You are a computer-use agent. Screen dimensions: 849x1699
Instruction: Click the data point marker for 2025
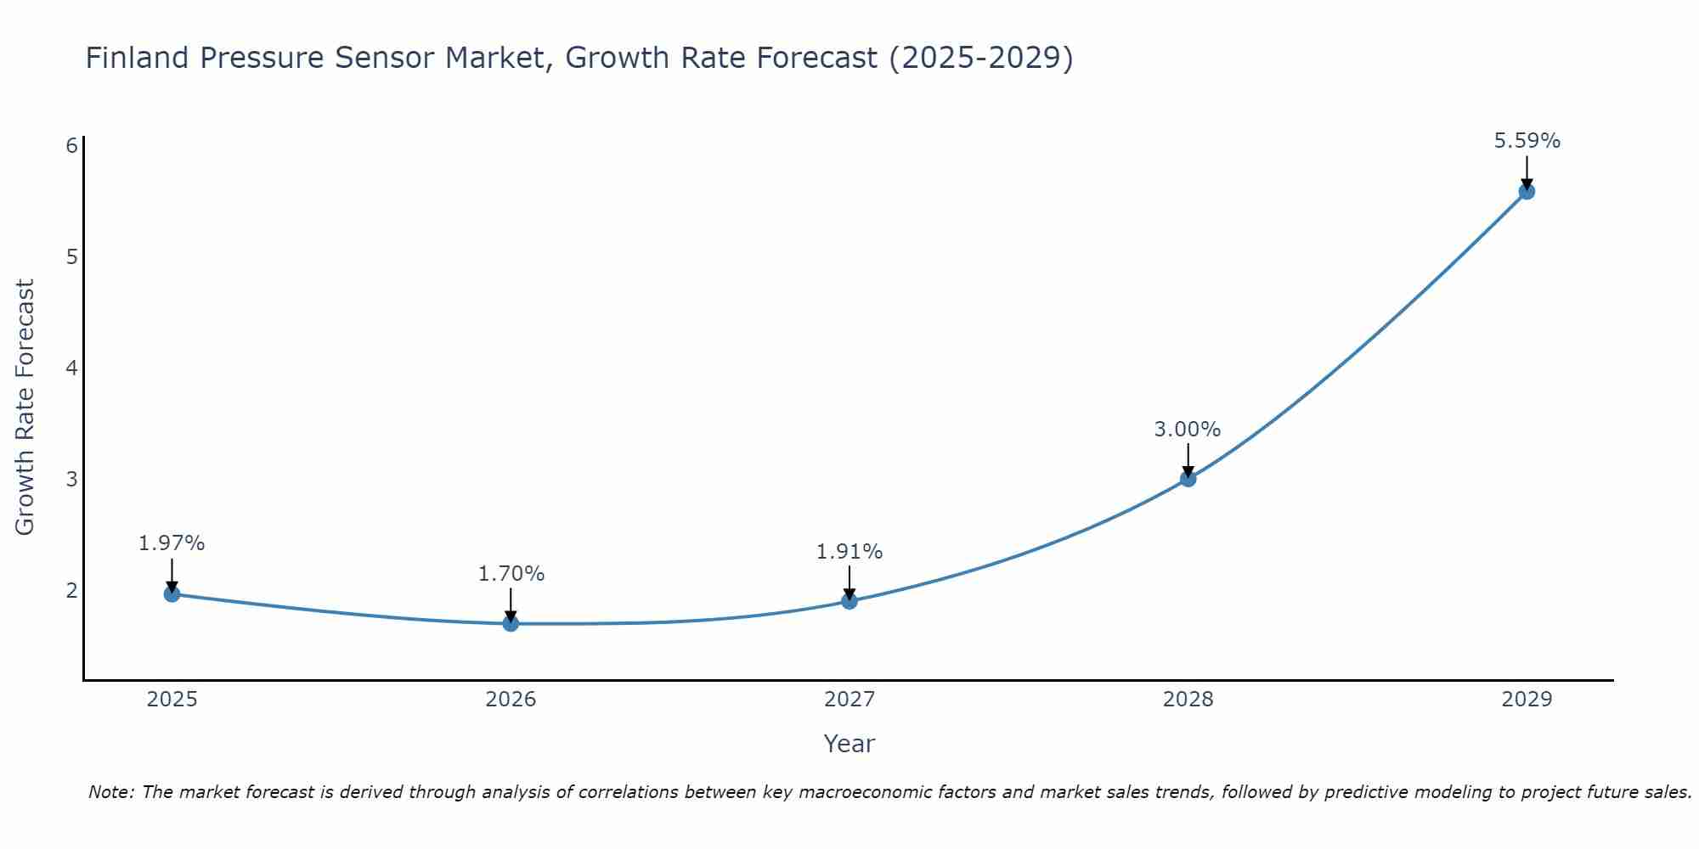pyautogui.click(x=172, y=593)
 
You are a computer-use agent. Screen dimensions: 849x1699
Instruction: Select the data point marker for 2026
pyautogui.click(x=511, y=623)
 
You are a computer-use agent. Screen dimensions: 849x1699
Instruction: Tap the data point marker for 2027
pyautogui.click(x=849, y=601)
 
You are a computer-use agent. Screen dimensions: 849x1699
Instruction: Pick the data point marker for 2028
pyautogui.click(x=1188, y=479)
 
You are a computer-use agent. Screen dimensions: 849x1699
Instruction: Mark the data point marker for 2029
pyautogui.click(x=1527, y=191)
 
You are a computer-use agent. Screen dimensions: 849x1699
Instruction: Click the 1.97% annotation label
pyautogui.click(x=172, y=543)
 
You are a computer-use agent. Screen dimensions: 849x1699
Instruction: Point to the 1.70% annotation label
pyautogui.click(x=511, y=574)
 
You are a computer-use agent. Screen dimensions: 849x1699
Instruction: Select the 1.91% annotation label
pyautogui.click(x=849, y=552)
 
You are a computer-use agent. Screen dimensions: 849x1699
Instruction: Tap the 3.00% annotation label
pyautogui.click(x=1188, y=430)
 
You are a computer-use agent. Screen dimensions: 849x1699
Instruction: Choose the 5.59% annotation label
pyautogui.click(x=1527, y=141)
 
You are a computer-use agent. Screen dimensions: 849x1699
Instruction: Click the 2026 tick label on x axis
pyautogui.click(x=511, y=700)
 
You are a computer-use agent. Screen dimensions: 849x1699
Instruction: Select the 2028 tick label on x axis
pyautogui.click(x=1188, y=700)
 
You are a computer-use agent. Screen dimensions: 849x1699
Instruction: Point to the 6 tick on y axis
pyautogui.click(x=71, y=145)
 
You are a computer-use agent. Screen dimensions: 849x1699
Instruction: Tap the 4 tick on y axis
pyautogui.click(x=71, y=368)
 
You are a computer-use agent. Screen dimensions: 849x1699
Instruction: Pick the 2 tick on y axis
pyautogui.click(x=71, y=590)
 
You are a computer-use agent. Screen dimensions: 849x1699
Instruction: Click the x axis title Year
pyautogui.click(x=849, y=744)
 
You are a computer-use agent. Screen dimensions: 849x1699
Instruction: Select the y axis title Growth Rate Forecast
pyautogui.click(x=25, y=408)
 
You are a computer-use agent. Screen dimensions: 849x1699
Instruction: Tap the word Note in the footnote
pyautogui.click(x=110, y=792)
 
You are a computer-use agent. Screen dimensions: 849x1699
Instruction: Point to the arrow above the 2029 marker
pyautogui.click(x=1527, y=172)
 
